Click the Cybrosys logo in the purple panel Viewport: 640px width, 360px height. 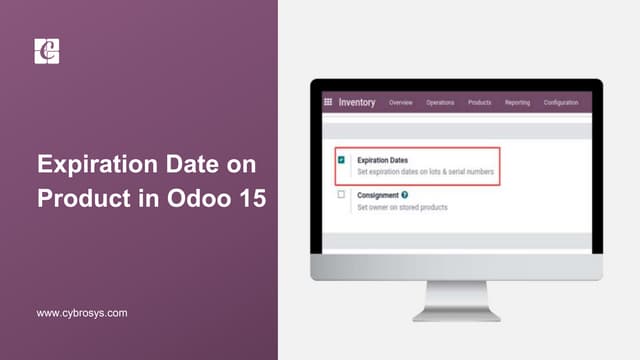(47, 51)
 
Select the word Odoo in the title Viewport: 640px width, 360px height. (195, 198)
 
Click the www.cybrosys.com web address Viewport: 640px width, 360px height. (82, 313)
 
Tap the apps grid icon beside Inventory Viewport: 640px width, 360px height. (328, 102)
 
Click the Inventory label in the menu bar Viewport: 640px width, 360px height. (357, 102)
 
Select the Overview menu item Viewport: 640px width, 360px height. (401, 103)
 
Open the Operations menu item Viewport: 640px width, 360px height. (440, 103)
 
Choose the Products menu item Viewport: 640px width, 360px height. (479, 103)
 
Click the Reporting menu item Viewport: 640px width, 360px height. (517, 103)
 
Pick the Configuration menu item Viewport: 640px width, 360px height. (561, 103)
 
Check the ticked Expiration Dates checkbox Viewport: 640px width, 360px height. (342, 160)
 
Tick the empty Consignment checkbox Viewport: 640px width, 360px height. (342, 195)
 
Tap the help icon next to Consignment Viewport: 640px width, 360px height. (405, 195)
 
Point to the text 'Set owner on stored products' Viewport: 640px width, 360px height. (402, 207)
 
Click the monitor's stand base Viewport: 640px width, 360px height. (456, 313)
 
